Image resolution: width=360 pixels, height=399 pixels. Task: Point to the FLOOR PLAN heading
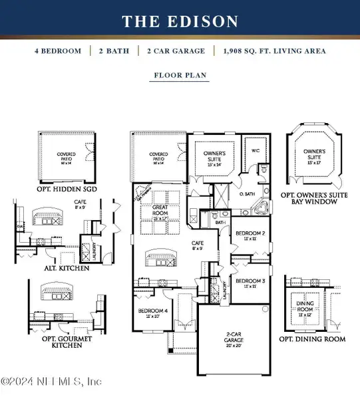(180, 76)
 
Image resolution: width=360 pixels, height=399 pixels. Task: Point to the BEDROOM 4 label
(152, 311)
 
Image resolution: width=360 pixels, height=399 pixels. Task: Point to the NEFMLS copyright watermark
(52, 382)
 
